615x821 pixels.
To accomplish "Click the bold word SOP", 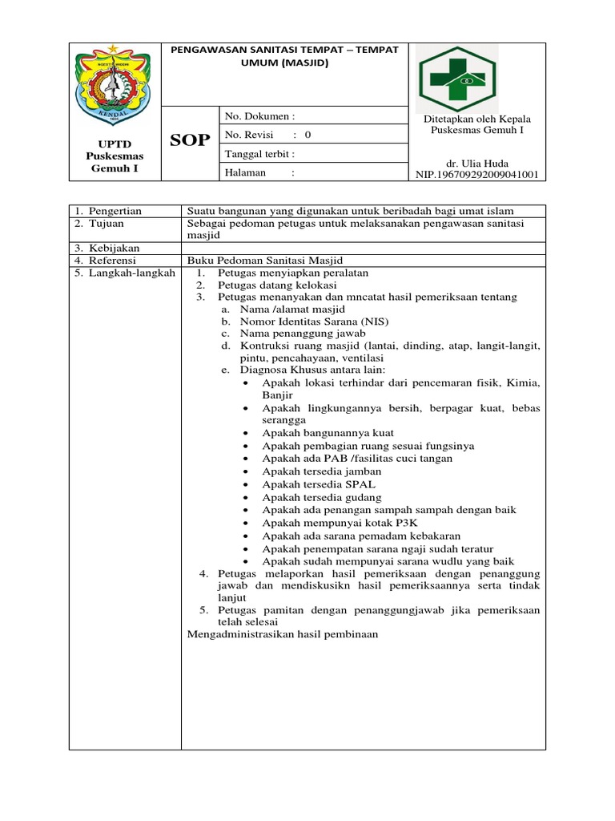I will click(191, 141).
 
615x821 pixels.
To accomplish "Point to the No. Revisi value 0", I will click(308, 135).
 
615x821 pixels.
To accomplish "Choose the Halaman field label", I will click(250, 173).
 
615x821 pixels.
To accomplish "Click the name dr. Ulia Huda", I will click(476, 164).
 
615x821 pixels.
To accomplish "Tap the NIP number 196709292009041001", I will click(476, 174).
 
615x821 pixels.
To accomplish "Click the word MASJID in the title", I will click(306, 63).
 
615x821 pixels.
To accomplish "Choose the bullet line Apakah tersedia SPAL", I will click(319, 484).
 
